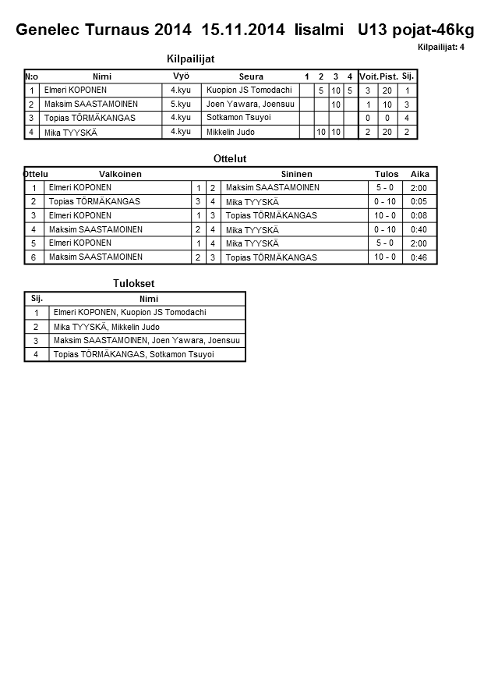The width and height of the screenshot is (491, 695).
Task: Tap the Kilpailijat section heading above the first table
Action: pos(191,59)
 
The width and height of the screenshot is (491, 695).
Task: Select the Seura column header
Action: pos(251,76)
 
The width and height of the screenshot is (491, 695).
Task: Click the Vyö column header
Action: pos(181,76)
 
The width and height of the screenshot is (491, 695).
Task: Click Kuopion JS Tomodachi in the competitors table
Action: pos(249,90)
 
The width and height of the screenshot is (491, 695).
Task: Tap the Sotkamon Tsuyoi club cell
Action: pos(238,117)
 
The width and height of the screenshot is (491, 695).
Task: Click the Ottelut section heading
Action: pos(230,158)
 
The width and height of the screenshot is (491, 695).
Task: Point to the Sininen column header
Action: pos(296,174)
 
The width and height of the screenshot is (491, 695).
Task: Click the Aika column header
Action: pos(419,174)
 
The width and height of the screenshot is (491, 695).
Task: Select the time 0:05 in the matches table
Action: pos(419,201)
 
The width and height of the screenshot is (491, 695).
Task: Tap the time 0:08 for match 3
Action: pos(419,215)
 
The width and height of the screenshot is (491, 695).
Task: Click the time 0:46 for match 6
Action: pos(419,257)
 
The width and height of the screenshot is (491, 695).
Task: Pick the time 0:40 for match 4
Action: pos(419,229)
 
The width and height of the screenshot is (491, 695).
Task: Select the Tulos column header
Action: pos(387,174)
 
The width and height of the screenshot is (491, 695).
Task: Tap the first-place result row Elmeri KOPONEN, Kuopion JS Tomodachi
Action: pos(129,312)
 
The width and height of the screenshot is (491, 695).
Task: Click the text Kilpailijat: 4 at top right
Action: pos(441,48)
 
